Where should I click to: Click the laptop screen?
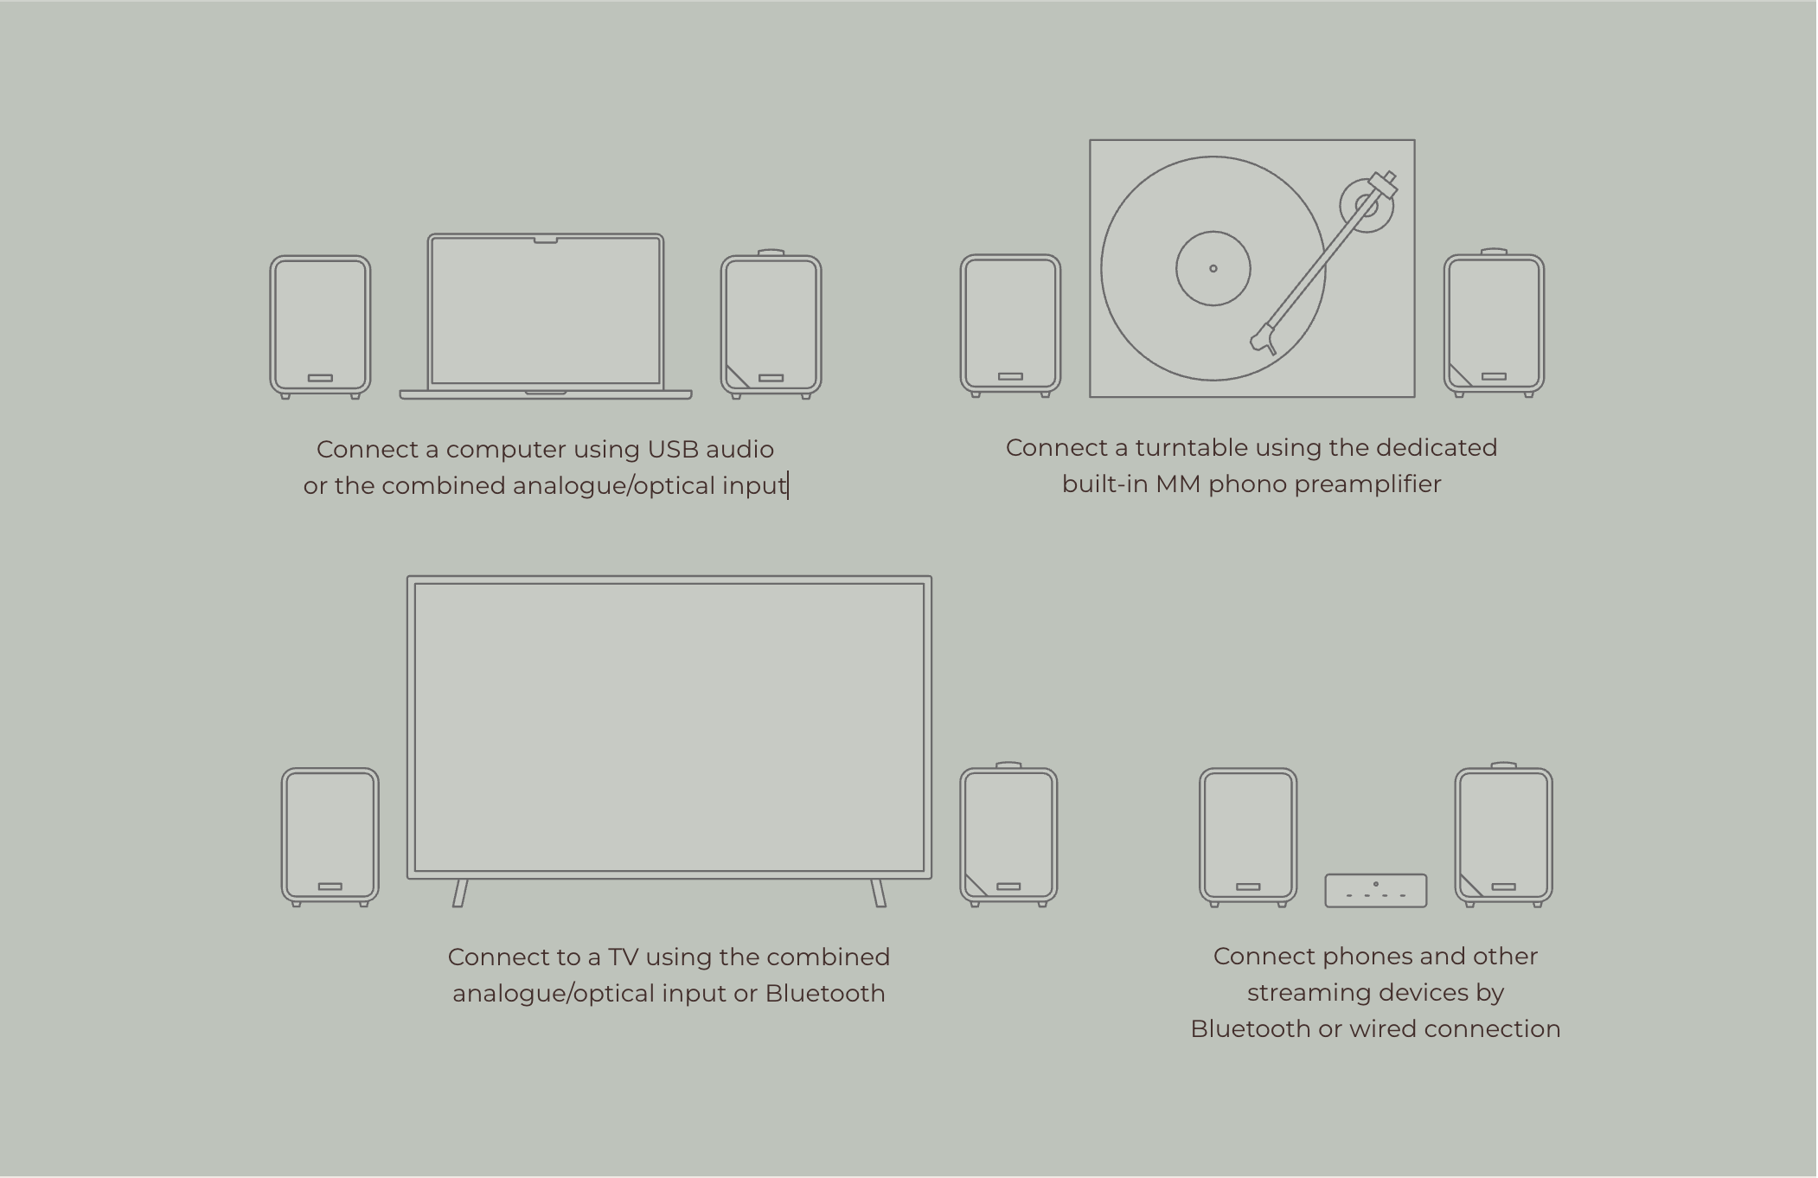[x=546, y=311]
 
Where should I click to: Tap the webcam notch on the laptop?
[x=546, y=240]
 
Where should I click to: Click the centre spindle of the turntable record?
[x=1213, y=268]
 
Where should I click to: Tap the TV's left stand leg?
[x=460, y=893]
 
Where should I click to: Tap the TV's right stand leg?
[x=878, y=893]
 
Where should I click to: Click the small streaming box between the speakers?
[x=1376, y=891]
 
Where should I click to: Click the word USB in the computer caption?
[x=673, y=450]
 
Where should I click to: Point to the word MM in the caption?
[x=1178, y=484]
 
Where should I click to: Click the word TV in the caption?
[x=623, y=957]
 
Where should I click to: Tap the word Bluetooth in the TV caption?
[x=825, y=994]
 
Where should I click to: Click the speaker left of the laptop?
[x=320, y=327]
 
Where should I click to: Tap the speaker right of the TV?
[x=1008, y=835]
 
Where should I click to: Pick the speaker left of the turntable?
[x=1010, y=325]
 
